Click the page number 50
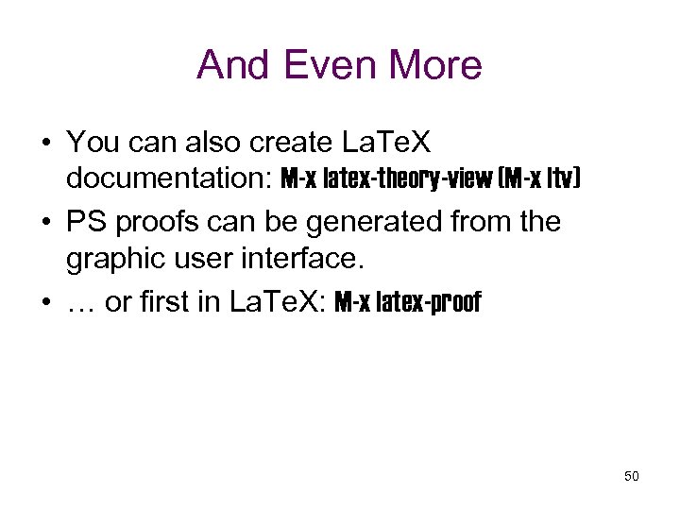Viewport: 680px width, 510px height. [x=632, y=476]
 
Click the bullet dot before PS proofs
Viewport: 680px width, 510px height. [x=44, y=223]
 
